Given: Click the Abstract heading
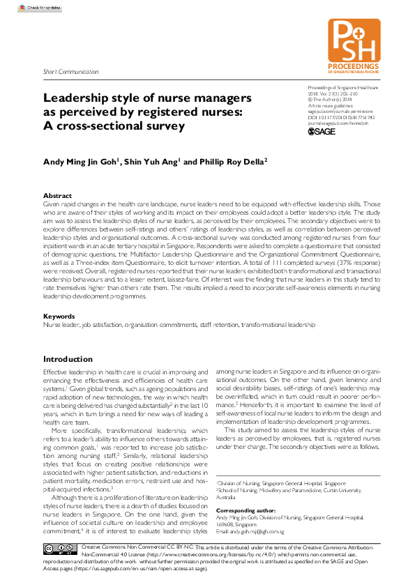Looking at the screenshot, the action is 57,195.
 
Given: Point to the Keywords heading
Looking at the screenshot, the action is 59,317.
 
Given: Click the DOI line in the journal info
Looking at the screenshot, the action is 340,117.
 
